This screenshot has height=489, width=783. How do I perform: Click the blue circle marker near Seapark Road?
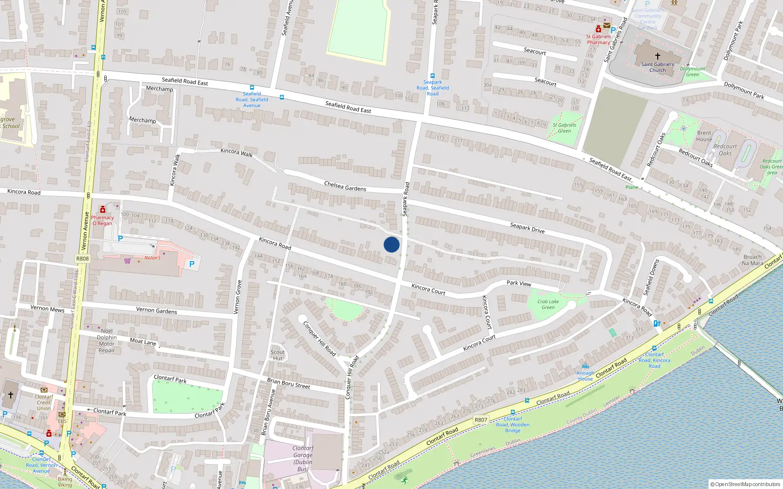(391, 244)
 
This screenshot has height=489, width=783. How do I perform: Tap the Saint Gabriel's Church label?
(657, 67)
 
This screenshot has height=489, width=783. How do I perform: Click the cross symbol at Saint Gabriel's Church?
(658, 56)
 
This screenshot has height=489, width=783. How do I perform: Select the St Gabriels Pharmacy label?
(599, 39)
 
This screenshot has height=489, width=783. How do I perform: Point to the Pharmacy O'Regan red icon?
(102, 210)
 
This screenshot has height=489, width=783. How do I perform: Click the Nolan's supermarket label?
(152, 258)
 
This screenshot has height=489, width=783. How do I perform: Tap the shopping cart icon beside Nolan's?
(128, 261)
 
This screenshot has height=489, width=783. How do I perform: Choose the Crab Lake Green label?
(548, 304)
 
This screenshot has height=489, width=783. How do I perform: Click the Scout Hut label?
(277, 355)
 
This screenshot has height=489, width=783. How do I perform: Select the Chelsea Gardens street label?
(345, 186)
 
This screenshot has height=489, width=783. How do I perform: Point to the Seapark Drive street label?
(527, 227)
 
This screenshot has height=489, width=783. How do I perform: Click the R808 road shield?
(82, 259)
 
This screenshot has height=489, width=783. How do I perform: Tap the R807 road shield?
(481, 420)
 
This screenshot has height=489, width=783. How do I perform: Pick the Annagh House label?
(585, 376)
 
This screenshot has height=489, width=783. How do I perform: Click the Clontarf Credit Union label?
(44, 402)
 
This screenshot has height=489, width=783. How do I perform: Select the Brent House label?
(704, 136)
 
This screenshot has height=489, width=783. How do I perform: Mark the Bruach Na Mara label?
(752, 260)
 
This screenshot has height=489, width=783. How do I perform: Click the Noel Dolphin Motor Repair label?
(107, 340)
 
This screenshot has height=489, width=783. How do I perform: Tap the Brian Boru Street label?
(288, 383)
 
